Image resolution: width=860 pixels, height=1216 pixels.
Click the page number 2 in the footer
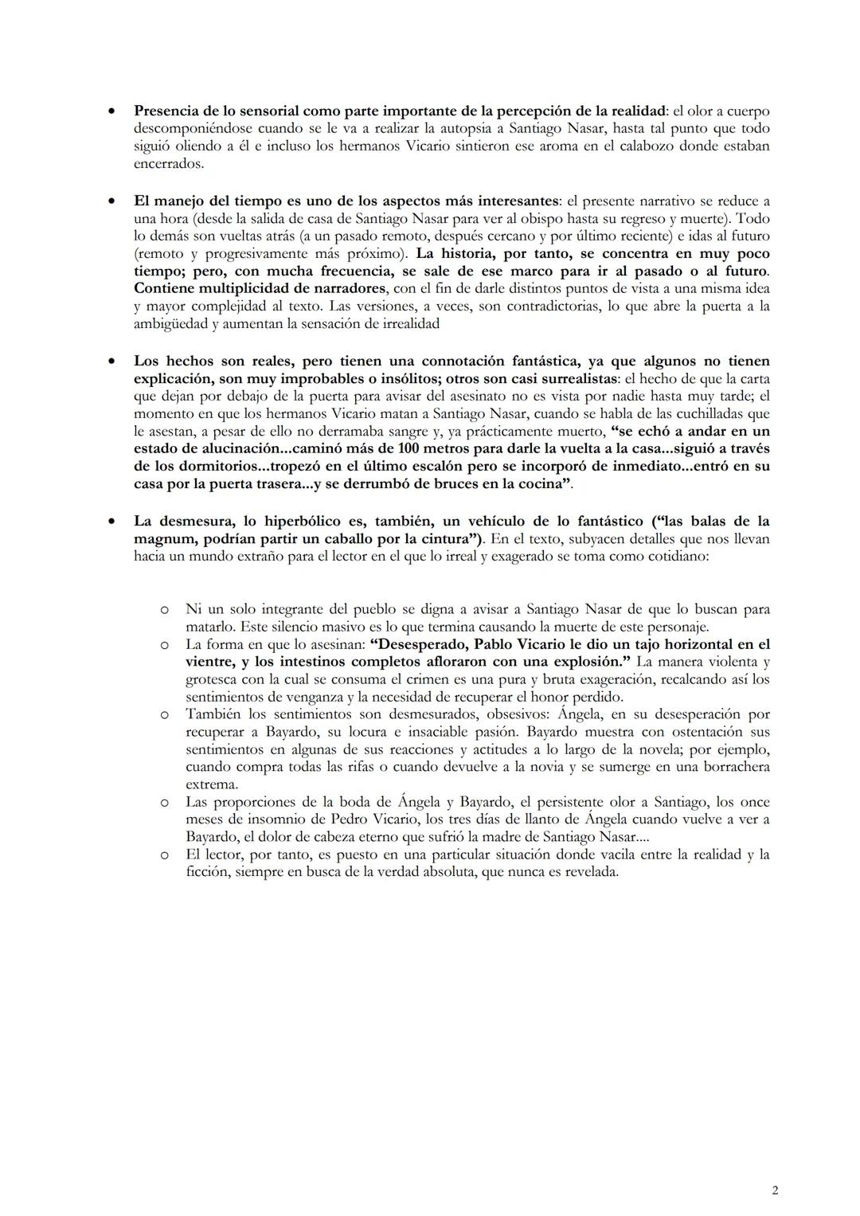click(775, 1191)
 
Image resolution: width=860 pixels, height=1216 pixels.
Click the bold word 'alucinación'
click(236, 449)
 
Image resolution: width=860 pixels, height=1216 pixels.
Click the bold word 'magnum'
click(162, 539)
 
